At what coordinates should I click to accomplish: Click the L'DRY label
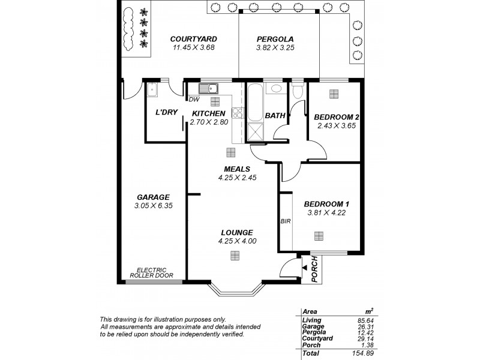click(166, 112)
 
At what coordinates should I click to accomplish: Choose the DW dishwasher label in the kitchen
click(194, 100)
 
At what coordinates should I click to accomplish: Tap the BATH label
click(274, 115)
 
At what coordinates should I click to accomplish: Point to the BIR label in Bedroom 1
click(285, 221)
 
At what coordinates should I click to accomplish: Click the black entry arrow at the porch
click(305, 267)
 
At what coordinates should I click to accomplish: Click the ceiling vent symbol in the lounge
click(233, 256)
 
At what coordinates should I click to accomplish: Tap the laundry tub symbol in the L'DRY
click(151, 91)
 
